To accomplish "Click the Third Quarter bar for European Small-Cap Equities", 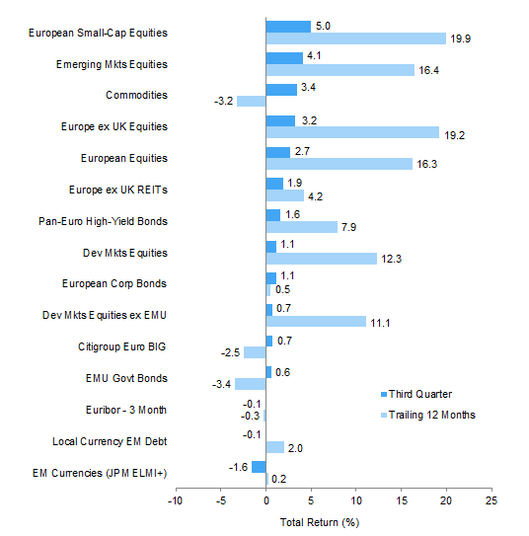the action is point(288,27).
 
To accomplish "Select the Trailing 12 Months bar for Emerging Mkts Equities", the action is point(340,70).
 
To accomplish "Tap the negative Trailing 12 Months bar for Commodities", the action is point(251,102).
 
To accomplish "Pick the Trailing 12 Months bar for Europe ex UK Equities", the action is point(352,132).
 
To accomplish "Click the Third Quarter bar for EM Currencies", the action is point(259,467).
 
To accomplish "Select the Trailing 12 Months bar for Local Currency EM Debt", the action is point(275,447).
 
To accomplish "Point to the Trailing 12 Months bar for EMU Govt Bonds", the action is point(250,384).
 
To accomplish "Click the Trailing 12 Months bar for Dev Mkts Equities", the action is point(322,259).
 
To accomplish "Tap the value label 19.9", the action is point(460,38).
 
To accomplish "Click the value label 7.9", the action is point(348,227).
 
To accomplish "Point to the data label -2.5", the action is point(230,352).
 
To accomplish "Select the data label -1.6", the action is point(238,467).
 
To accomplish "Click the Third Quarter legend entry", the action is point(416,394).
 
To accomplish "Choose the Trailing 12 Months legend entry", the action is point(428,415).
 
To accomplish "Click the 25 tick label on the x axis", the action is point(491,500).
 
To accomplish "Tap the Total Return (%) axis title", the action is point(320,522).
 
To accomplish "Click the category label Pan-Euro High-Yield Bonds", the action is point(103,221).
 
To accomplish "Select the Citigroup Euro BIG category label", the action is point(122,346).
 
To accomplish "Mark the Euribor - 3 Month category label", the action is point(126,410).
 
